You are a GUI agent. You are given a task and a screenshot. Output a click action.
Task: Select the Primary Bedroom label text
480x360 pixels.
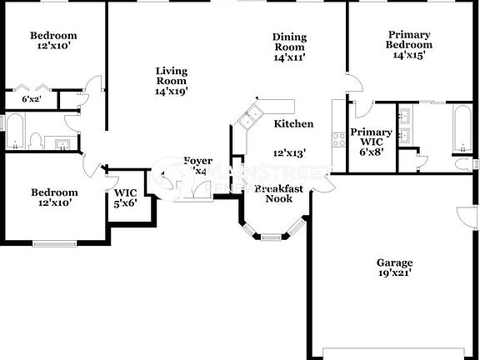pos(408,39)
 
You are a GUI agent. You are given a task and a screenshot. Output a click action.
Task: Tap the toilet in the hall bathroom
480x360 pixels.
pos(35,140)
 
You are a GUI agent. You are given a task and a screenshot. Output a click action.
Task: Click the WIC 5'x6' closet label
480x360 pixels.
pos(126,199)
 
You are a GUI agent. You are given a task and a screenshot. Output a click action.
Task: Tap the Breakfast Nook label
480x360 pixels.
pos(278,193)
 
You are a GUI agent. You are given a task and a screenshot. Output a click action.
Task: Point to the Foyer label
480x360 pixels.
pos(198,161)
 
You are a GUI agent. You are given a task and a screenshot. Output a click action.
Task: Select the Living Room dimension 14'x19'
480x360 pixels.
pos(171,92)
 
